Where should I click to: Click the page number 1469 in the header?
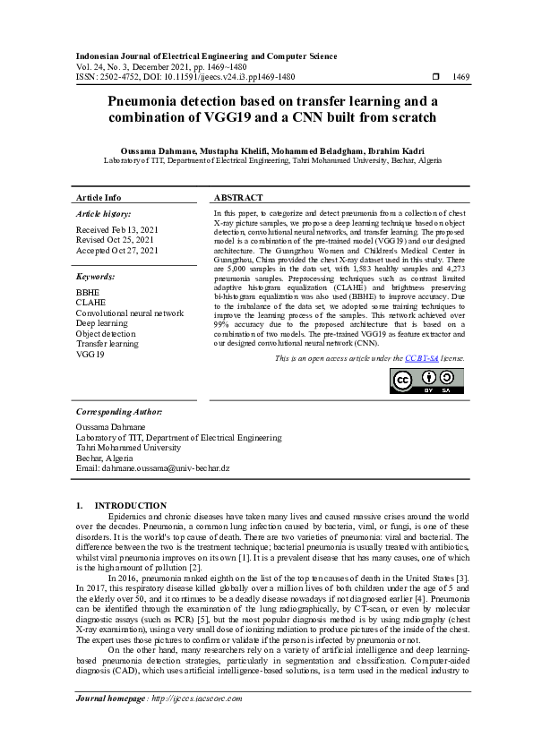tap(460, 78)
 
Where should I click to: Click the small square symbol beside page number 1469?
tap(435, 78)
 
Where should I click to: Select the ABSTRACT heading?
tap(238, 197)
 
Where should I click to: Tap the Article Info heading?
tap(99, 197)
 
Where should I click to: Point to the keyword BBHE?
tap(88, 292)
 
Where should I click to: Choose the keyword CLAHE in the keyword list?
tap(90, 303)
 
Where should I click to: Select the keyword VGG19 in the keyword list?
tap(90, 355)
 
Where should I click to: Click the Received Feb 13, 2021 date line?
tap(117, 230)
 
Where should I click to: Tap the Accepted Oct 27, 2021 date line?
tap(117, 251)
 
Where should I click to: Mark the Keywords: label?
tap(96, 278)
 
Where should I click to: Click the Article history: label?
tap(103, 214)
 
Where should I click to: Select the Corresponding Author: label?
tap(119, 411)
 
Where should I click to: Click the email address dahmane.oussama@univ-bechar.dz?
tap(153, 468)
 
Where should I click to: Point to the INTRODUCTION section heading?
tap(131, 506)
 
